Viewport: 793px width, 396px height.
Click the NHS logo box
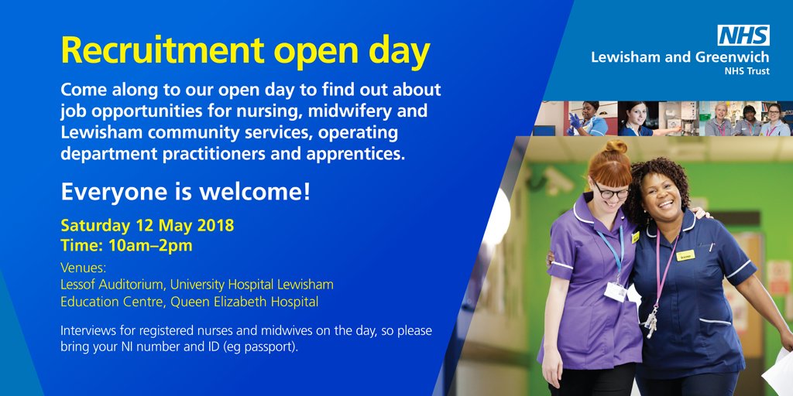743,35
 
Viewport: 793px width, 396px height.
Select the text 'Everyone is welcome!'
186,191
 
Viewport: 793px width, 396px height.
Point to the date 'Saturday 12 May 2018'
147,227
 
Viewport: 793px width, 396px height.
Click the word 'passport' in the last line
270,347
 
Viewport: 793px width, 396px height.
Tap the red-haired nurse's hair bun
616,146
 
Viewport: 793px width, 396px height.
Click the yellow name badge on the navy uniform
685,255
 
